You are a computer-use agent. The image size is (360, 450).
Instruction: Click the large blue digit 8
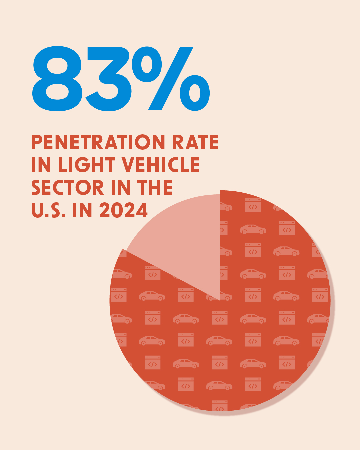57,79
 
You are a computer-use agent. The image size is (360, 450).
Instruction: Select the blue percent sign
171,79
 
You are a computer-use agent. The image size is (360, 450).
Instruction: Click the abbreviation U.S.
48,210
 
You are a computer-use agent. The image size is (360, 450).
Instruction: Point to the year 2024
123,210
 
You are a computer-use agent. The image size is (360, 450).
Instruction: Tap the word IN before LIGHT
41,165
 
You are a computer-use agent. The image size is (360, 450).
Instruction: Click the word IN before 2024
82,210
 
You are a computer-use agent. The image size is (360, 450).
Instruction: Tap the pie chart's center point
220,300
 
